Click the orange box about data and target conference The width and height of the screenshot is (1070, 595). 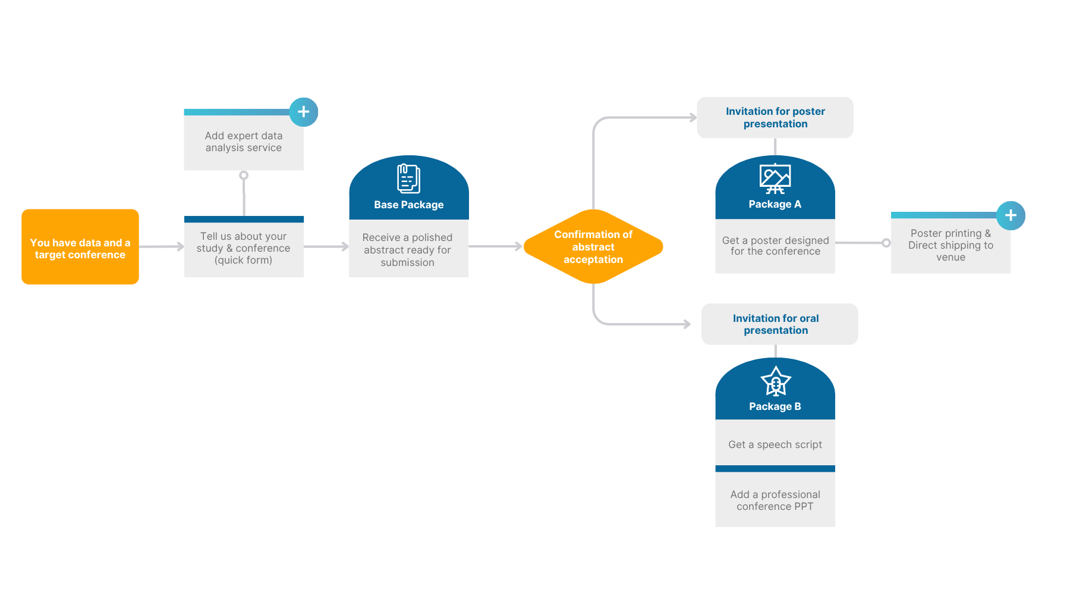pos(80,247)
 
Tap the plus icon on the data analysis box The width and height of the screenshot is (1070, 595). pos(304,112)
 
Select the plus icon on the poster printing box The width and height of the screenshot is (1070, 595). pos(1011,215)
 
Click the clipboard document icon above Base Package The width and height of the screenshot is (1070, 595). pos(408,178)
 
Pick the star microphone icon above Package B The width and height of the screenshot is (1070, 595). pos(775,381)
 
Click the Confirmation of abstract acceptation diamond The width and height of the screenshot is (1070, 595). pos(593,247)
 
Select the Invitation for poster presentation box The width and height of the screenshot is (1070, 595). pos(775,118)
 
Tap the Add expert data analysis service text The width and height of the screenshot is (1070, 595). pos(244,142)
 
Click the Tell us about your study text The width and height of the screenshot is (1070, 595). pos(244,248)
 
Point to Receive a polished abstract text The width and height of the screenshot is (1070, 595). pos(408,250)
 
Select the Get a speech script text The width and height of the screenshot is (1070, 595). pos(775,444)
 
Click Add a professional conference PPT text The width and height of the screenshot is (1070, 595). pos(775,500)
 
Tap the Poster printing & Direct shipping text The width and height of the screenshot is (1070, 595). pos(951,245)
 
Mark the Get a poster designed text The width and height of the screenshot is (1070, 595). pos(775,246)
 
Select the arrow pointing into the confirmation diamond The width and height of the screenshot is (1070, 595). pos(497,246)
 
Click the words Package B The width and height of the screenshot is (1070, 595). pos(775,406)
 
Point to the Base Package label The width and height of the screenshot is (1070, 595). pos(408,205)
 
